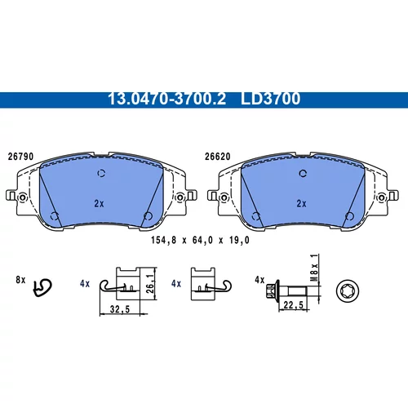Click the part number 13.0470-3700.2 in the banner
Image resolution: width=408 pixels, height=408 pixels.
(167, 99)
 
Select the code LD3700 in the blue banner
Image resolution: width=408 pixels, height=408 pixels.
(270, 99)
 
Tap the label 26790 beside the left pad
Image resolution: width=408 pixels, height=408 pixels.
(20, 157)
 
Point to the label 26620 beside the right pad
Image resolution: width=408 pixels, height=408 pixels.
(217, 157)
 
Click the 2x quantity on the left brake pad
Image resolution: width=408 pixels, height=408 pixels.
(99, 203)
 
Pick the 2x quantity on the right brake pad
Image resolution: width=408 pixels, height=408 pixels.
(301, 203)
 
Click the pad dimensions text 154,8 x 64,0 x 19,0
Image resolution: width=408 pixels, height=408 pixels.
(200, 240)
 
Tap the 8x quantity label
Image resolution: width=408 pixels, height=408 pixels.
(20, 280)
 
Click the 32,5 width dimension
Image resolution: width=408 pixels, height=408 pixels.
(120, 309)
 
